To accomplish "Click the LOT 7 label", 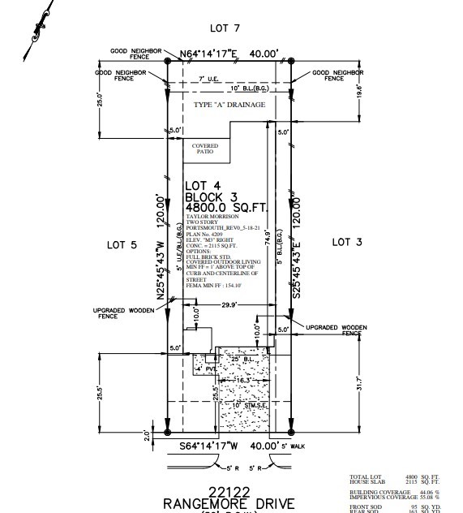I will (x=225, y=28).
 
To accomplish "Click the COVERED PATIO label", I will (x=204, y=150).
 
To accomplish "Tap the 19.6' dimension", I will (x=359, y=90).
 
